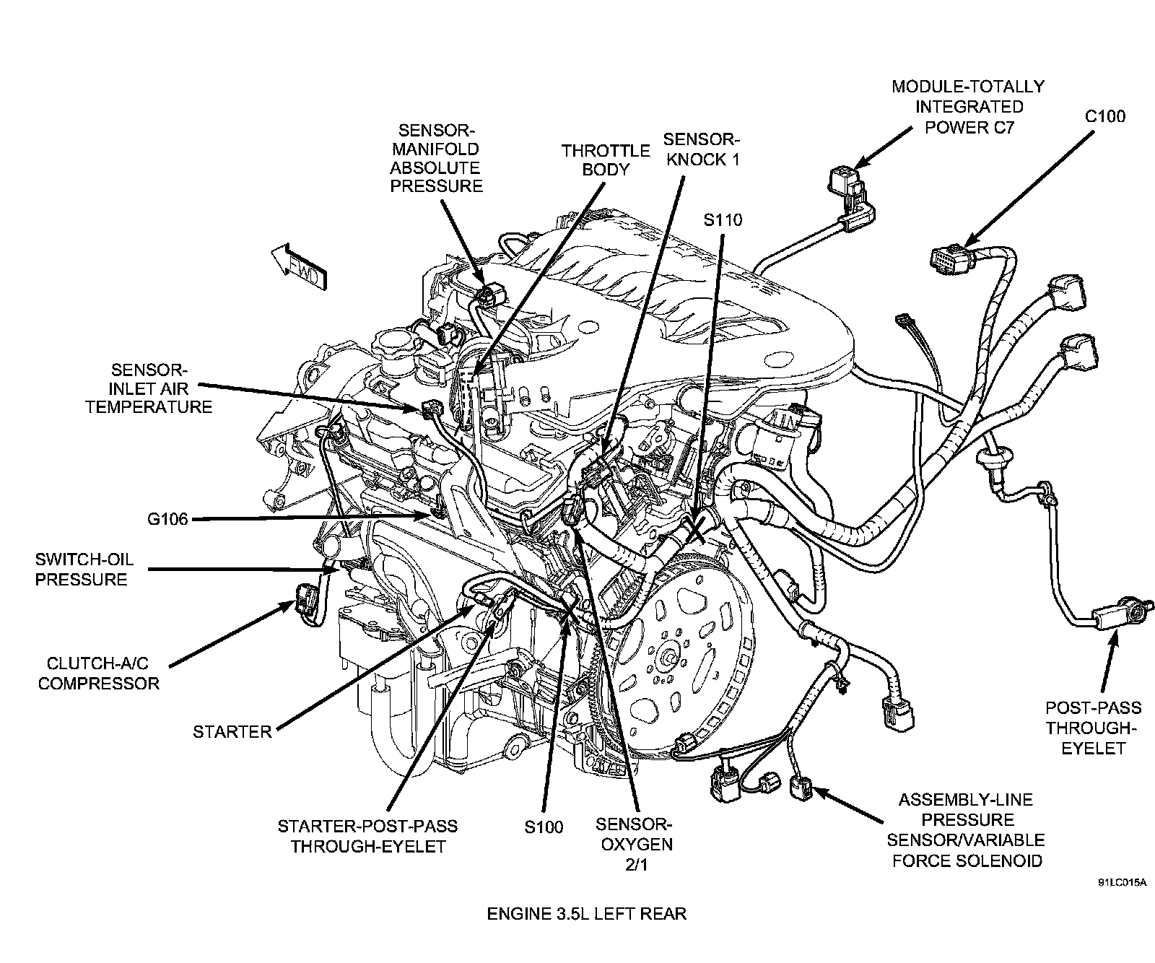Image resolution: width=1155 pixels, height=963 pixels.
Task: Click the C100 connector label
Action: pos(1105,116)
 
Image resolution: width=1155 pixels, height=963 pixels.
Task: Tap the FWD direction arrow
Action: pos(298,266)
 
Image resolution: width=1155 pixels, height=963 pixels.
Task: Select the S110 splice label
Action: pos(723,220)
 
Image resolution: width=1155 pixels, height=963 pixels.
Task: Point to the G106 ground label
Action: pos(165,519)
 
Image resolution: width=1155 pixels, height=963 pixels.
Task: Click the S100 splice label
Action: pos(544,827)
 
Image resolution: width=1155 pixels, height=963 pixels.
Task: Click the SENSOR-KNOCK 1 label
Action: pos(702,149)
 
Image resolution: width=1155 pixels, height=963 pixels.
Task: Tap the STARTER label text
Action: pos(232,732)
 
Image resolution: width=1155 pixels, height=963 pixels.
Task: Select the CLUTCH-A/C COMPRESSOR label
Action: pos(99,673)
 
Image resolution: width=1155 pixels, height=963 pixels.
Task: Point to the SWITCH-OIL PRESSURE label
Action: pos(84,570)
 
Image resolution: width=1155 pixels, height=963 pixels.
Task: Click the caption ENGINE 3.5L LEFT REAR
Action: pos(586,914)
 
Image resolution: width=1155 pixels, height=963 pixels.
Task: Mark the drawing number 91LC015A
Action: pos(1123,882)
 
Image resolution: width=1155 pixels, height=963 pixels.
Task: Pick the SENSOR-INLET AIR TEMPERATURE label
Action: pos(149,388)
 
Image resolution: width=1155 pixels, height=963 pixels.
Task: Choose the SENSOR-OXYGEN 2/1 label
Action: pos(635,844)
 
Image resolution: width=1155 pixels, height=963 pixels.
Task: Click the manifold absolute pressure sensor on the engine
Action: pos(488,295)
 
